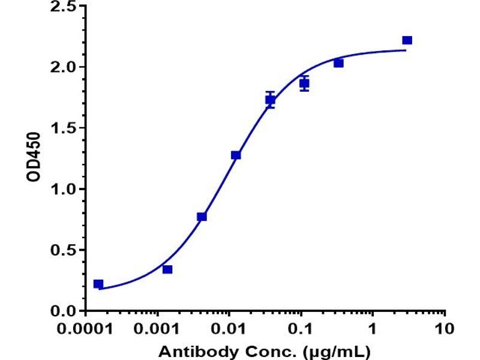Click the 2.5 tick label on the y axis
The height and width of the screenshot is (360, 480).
64,6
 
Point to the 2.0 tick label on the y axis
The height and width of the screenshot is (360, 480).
64,67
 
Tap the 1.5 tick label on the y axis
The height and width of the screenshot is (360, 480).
64,128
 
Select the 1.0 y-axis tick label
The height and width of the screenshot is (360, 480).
64,189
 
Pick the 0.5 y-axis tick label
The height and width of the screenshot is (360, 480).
64,250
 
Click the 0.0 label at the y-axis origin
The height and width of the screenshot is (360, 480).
64,311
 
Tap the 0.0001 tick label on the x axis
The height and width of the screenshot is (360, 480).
85,329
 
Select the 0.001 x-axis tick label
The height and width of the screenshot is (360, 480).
157,329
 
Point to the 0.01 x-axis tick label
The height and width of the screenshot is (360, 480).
229,329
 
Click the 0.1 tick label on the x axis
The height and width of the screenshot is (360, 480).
301,329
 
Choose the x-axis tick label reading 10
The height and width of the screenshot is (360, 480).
445,329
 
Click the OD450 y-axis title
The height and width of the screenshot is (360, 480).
34,157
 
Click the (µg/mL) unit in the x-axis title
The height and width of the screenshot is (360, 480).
336,352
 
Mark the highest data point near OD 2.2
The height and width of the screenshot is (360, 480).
407,40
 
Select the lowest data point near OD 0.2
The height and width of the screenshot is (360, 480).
98,284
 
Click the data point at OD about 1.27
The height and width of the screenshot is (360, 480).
236,155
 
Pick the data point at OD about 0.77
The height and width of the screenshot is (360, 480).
202,217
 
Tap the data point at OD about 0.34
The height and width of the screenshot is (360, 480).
167,269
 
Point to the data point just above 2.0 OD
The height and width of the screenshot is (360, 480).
338,64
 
